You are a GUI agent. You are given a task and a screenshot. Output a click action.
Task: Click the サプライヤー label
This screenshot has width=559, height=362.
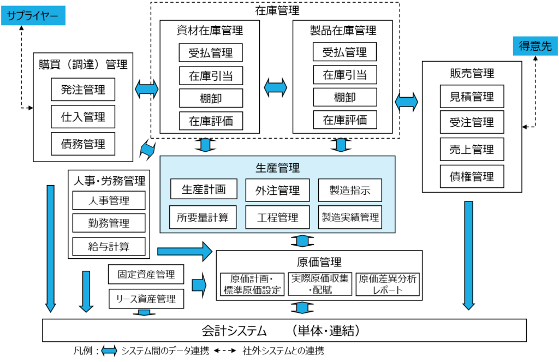coord(33,15)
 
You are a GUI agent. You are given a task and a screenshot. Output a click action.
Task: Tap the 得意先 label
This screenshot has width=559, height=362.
coord(535,46)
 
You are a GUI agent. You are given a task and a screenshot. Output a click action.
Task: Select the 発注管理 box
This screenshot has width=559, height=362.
coord(83,90)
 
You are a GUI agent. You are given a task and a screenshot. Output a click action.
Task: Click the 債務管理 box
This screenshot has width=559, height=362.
coord(83,144)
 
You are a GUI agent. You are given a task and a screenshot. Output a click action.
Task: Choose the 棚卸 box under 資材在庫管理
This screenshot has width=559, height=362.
coord(211,98)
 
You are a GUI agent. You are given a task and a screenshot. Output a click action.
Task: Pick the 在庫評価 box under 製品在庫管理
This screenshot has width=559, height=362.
coord(344,120)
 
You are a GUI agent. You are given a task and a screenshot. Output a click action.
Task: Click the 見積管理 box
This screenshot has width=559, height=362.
coord(472,97)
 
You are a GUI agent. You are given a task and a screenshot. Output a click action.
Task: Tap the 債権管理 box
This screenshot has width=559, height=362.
coord(472,176)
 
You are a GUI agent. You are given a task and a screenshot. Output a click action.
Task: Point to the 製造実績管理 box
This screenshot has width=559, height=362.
coord(350,217)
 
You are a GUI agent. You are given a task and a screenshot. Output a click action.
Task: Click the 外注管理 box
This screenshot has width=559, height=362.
coord(277,190)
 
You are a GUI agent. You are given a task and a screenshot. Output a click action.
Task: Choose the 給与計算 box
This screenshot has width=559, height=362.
coord(109,246)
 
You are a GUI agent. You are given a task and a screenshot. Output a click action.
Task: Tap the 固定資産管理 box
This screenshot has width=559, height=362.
coord(146,274)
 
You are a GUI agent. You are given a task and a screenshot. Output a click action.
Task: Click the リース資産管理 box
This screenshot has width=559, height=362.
coord(146,299)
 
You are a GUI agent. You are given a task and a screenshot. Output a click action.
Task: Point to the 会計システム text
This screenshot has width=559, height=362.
coord(234,331)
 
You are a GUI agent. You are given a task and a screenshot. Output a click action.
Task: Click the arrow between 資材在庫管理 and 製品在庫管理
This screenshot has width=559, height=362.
coord(276,87)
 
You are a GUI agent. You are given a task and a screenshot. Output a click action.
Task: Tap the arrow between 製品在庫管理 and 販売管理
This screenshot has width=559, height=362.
coord(406,101)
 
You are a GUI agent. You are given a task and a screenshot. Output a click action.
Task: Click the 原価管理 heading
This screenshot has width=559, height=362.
coord(319,262)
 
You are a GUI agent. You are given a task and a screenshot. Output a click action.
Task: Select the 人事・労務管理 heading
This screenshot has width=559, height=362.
coord(109,180)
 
